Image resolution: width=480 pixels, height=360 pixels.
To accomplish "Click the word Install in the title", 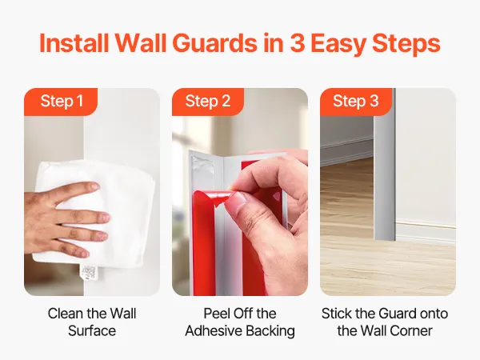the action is coord(74,43).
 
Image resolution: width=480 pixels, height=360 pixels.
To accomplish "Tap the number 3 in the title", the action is coord(297,43).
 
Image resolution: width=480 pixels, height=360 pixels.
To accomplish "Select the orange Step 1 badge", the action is coord(61,102).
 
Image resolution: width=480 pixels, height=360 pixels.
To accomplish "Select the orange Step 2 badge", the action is coord(208,102).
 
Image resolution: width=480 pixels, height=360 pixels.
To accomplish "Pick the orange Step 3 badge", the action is coord(356,102).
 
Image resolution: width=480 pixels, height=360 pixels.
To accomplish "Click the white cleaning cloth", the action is coord(95,214).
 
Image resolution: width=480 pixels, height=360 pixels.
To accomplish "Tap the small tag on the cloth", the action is coord(88,273).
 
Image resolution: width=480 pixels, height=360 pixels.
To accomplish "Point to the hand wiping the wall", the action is coord(64,219).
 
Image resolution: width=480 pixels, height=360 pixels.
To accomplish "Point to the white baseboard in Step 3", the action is coord(426,229).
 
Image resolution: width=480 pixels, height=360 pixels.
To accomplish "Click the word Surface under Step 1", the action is coord(92,331).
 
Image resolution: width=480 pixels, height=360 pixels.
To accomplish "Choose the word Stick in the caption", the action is coord(336,314).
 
